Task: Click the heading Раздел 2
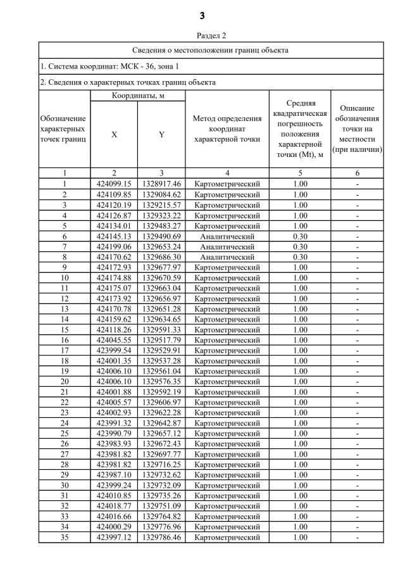[202, 36]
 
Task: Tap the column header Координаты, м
[137, 96]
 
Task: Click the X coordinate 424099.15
[114, 184]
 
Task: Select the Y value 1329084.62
[161, 194]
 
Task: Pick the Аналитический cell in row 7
[227, 246]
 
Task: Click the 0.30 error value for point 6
[300, 236]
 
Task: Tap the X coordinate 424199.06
[114, 246]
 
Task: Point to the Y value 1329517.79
[161, 340]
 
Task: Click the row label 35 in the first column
[65, 538]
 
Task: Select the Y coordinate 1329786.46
[161, 538]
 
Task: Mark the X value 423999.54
[114, 350]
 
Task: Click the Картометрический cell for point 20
[227, 382]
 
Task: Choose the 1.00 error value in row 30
[300, 486]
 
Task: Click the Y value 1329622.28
[161, 413]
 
